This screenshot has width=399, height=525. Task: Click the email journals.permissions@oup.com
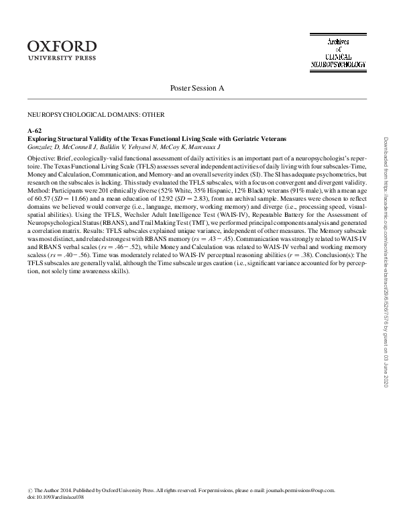click(x=299, y=491)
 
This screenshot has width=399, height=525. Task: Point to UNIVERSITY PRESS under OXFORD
click(x=61, y=58)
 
